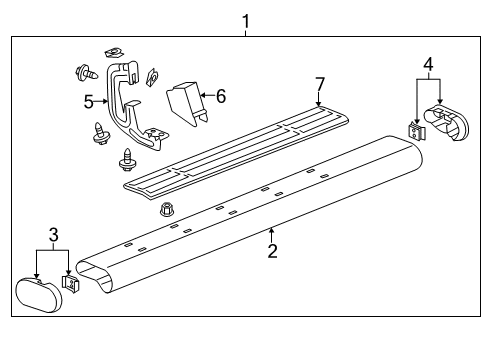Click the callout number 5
88,101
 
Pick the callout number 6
221,96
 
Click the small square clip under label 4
417,133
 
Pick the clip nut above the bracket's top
114,50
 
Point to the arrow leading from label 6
205,96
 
